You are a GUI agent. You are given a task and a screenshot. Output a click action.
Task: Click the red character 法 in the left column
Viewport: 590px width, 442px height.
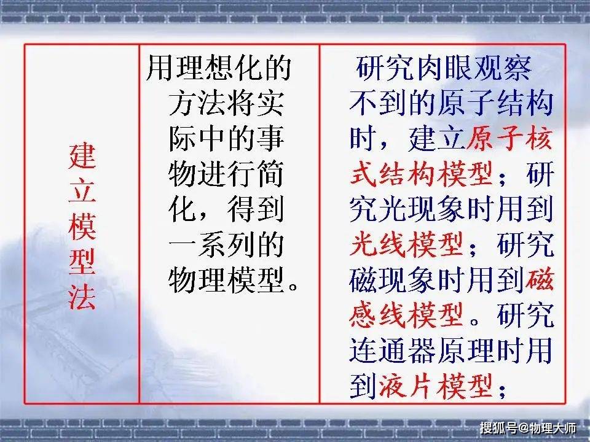(x=82, y=295)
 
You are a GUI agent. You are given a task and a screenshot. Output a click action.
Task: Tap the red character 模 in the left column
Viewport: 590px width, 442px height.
(x=82, y=227)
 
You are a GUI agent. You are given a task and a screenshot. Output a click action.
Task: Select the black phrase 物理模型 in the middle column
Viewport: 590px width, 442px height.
(x=227, y=281)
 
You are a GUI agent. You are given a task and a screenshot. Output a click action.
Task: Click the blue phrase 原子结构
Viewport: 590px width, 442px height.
(x=495, y=103)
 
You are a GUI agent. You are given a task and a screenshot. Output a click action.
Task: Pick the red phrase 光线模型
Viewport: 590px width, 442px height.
(x=406, y=245)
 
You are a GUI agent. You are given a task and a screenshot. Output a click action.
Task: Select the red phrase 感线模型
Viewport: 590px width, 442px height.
(x=406, y=316)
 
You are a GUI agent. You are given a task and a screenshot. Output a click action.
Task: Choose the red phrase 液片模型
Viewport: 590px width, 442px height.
(x=435, y=386)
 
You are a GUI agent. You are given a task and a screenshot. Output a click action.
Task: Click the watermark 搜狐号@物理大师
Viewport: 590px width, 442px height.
(x=527, y=428)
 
